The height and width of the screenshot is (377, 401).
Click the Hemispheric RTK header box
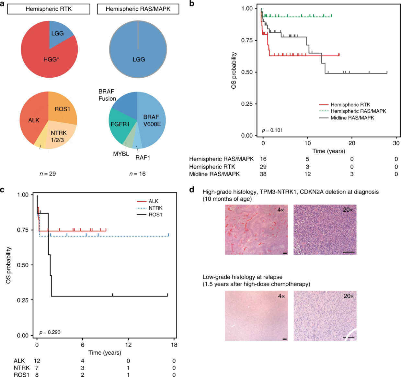(49, 9)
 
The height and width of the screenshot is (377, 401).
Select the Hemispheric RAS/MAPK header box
(138, 9)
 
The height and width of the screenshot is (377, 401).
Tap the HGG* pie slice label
(51, 59)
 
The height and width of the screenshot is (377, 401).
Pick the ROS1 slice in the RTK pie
(62, 109)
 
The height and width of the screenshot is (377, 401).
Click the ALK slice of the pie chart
(34, 120)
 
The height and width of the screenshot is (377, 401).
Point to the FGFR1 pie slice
(120, 124)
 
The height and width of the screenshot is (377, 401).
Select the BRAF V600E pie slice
(152, 120)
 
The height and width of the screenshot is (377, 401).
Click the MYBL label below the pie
(121, 154)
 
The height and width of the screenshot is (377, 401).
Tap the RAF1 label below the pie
(143, 158)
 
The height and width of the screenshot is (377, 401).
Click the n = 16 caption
(137, 174)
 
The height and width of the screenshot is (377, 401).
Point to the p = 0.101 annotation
(272, 130)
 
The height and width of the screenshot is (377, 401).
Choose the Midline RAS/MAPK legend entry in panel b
(352, 118)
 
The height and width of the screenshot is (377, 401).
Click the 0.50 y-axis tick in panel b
(247, 72)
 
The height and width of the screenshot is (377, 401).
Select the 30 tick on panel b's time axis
(396, 143)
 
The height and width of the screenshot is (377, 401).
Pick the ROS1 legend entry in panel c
(155, 215)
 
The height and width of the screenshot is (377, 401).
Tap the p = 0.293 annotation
(50, 332)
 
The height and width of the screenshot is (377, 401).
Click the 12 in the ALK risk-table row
(37, 361)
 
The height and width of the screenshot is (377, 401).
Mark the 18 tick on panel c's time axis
(174, 345)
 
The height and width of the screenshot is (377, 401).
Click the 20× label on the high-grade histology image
(348, 210)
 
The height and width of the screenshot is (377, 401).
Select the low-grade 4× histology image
(256, 316)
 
